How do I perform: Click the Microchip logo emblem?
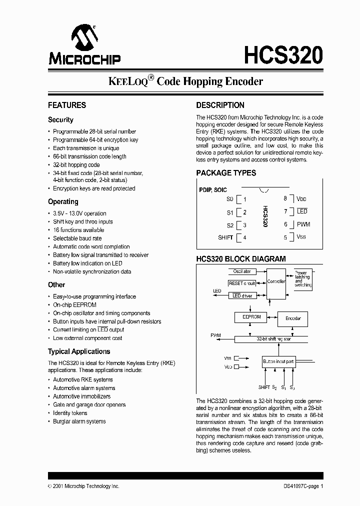[84, 37]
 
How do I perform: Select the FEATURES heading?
[67, 105]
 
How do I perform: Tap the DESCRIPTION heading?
[220, 105]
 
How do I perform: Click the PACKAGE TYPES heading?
[226, 173]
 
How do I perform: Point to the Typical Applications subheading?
[79, 351]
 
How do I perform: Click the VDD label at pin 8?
[301, 198]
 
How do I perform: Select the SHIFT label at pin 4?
[225, 237]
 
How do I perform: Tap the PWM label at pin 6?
[303, 224]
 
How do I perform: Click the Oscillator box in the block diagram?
[242, 271]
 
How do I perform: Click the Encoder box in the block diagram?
[293, 318]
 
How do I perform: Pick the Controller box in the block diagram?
[276, 282]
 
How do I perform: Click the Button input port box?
[278, 361]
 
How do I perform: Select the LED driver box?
[242, 295]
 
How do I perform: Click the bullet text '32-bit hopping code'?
[76, 165]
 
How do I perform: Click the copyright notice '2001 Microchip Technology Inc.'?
[86, 486]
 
